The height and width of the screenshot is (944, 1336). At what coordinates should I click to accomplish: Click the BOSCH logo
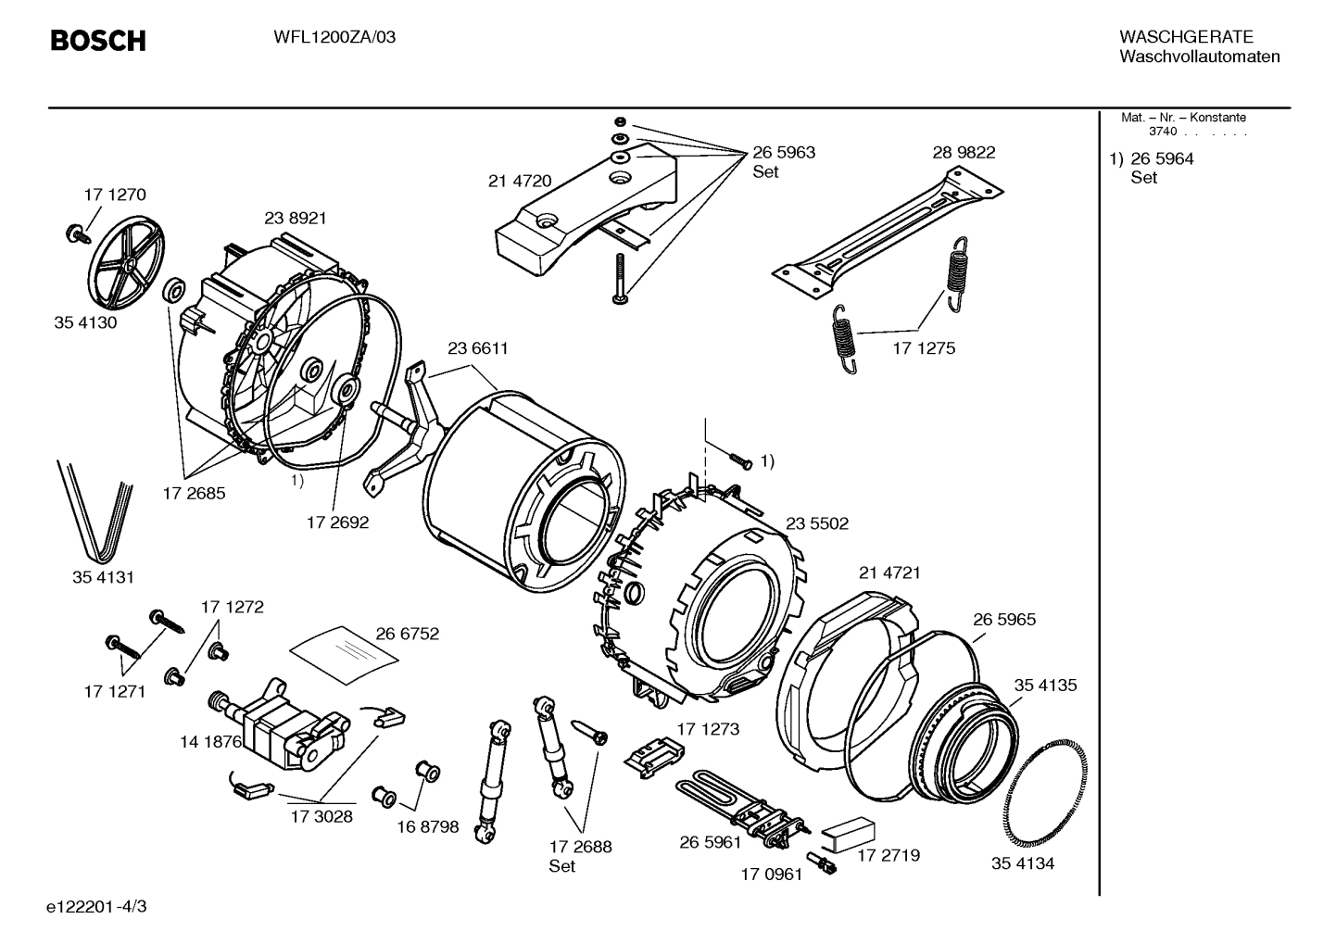[97, 41]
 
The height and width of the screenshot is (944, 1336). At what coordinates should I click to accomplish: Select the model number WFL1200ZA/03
[334, 38]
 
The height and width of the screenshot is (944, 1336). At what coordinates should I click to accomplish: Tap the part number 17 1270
[114, 195]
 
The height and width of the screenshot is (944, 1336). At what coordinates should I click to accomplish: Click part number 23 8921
[295, 219]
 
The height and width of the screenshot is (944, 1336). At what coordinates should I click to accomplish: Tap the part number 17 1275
[924, 348]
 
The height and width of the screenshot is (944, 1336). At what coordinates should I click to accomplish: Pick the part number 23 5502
[816, 523]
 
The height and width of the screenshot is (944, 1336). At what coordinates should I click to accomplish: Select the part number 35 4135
[1045, 686]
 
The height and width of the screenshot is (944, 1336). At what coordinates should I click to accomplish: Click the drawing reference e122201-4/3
[95, 906]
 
